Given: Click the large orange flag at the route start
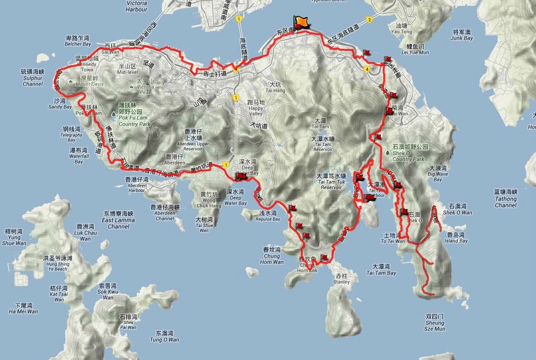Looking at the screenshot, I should click(301, 22).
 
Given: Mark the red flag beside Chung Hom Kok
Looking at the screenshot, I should click(324, 257).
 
